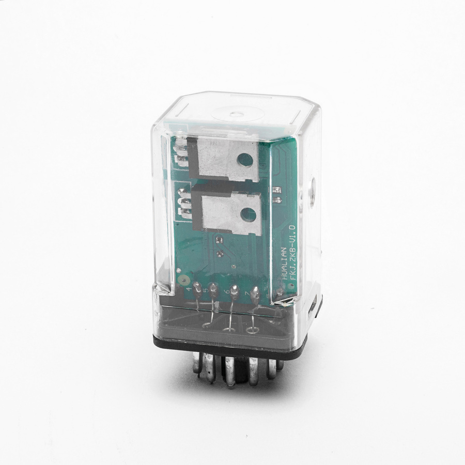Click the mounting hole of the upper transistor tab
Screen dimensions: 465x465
pyautogui.click(x=246, y=160)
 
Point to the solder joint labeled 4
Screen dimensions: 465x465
pyautogui.click(x=198, y=286)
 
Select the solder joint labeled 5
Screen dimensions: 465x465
pyautogui.click(x=214, y=288)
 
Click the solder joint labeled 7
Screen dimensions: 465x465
pyautogui.click(x=255, y=295)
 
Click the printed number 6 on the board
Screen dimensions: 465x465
pyautogui.click(x=227, y=294)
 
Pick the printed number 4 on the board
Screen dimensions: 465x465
pyautogui.click(x=190, y=290)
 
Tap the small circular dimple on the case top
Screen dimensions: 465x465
pyautogui.click(x=237, y=113)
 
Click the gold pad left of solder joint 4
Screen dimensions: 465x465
pyautogui.click(x=182, y=281)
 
